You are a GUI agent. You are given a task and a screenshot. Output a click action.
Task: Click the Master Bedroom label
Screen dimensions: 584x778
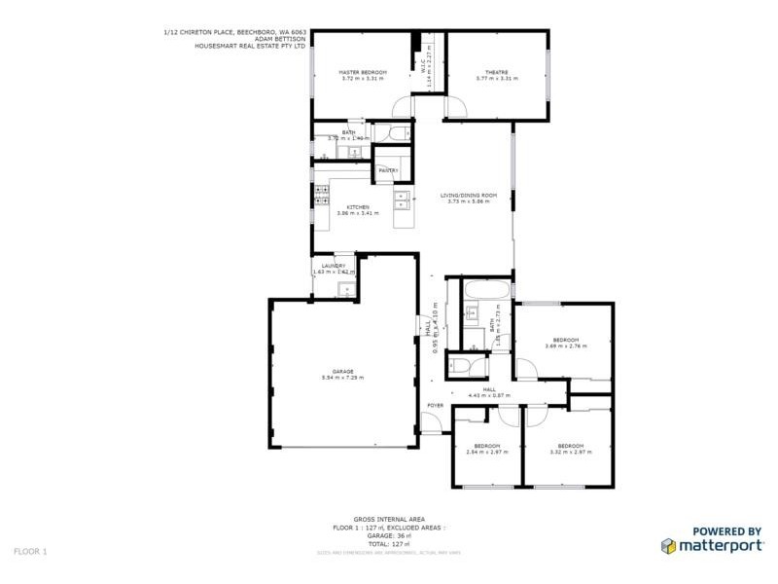point(363,73)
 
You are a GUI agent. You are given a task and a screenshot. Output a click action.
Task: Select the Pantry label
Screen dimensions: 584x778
point(389,171)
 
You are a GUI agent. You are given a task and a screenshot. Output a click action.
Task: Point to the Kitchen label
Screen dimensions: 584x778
point(358,206)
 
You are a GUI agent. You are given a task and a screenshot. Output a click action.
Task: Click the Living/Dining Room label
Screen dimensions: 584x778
point(473,196)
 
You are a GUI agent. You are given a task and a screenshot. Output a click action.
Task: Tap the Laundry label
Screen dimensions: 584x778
point(334,266)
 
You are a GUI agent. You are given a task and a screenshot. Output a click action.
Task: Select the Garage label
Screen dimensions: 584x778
point(342,370)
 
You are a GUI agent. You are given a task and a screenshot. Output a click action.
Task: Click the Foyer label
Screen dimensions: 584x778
point(434,405)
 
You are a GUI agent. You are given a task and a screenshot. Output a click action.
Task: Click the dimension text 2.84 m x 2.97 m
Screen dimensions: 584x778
point(488,452)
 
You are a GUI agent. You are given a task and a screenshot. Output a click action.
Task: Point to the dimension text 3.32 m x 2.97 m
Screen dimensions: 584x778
point(571,452)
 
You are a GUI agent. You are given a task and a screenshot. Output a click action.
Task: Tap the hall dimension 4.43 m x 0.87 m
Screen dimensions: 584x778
point(489,394)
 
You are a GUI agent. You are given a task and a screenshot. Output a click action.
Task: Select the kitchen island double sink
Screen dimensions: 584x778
point(401,200)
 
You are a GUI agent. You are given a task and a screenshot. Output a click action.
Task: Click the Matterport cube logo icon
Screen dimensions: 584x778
point(670,547)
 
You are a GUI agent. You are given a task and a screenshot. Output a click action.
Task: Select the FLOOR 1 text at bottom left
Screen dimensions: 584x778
point(30,551)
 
